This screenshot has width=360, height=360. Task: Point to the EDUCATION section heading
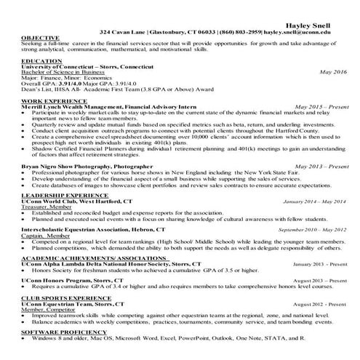(x=37, y=61)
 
